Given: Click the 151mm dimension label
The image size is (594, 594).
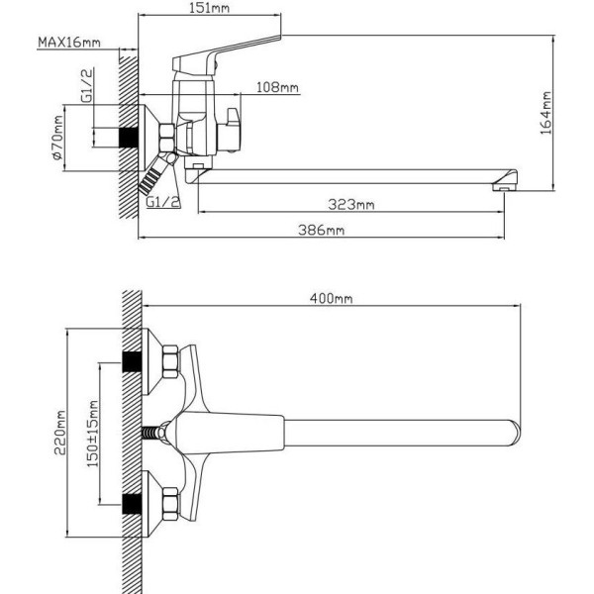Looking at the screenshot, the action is [209, 8].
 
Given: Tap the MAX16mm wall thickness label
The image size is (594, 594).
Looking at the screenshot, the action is [69, 42].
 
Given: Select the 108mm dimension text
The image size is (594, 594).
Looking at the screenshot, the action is [277, 87].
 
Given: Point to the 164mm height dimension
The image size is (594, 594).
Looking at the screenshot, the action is [545, 113].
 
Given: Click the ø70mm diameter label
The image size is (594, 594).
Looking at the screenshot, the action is [57, 138].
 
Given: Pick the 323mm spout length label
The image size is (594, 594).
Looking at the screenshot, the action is [351, 205].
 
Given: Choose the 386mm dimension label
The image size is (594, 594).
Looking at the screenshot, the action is [321, 230].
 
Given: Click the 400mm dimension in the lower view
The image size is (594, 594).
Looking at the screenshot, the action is [331, 299].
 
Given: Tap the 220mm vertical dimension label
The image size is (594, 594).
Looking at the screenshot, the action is [60, 432].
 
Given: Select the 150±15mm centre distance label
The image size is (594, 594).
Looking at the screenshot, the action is [93, 434].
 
